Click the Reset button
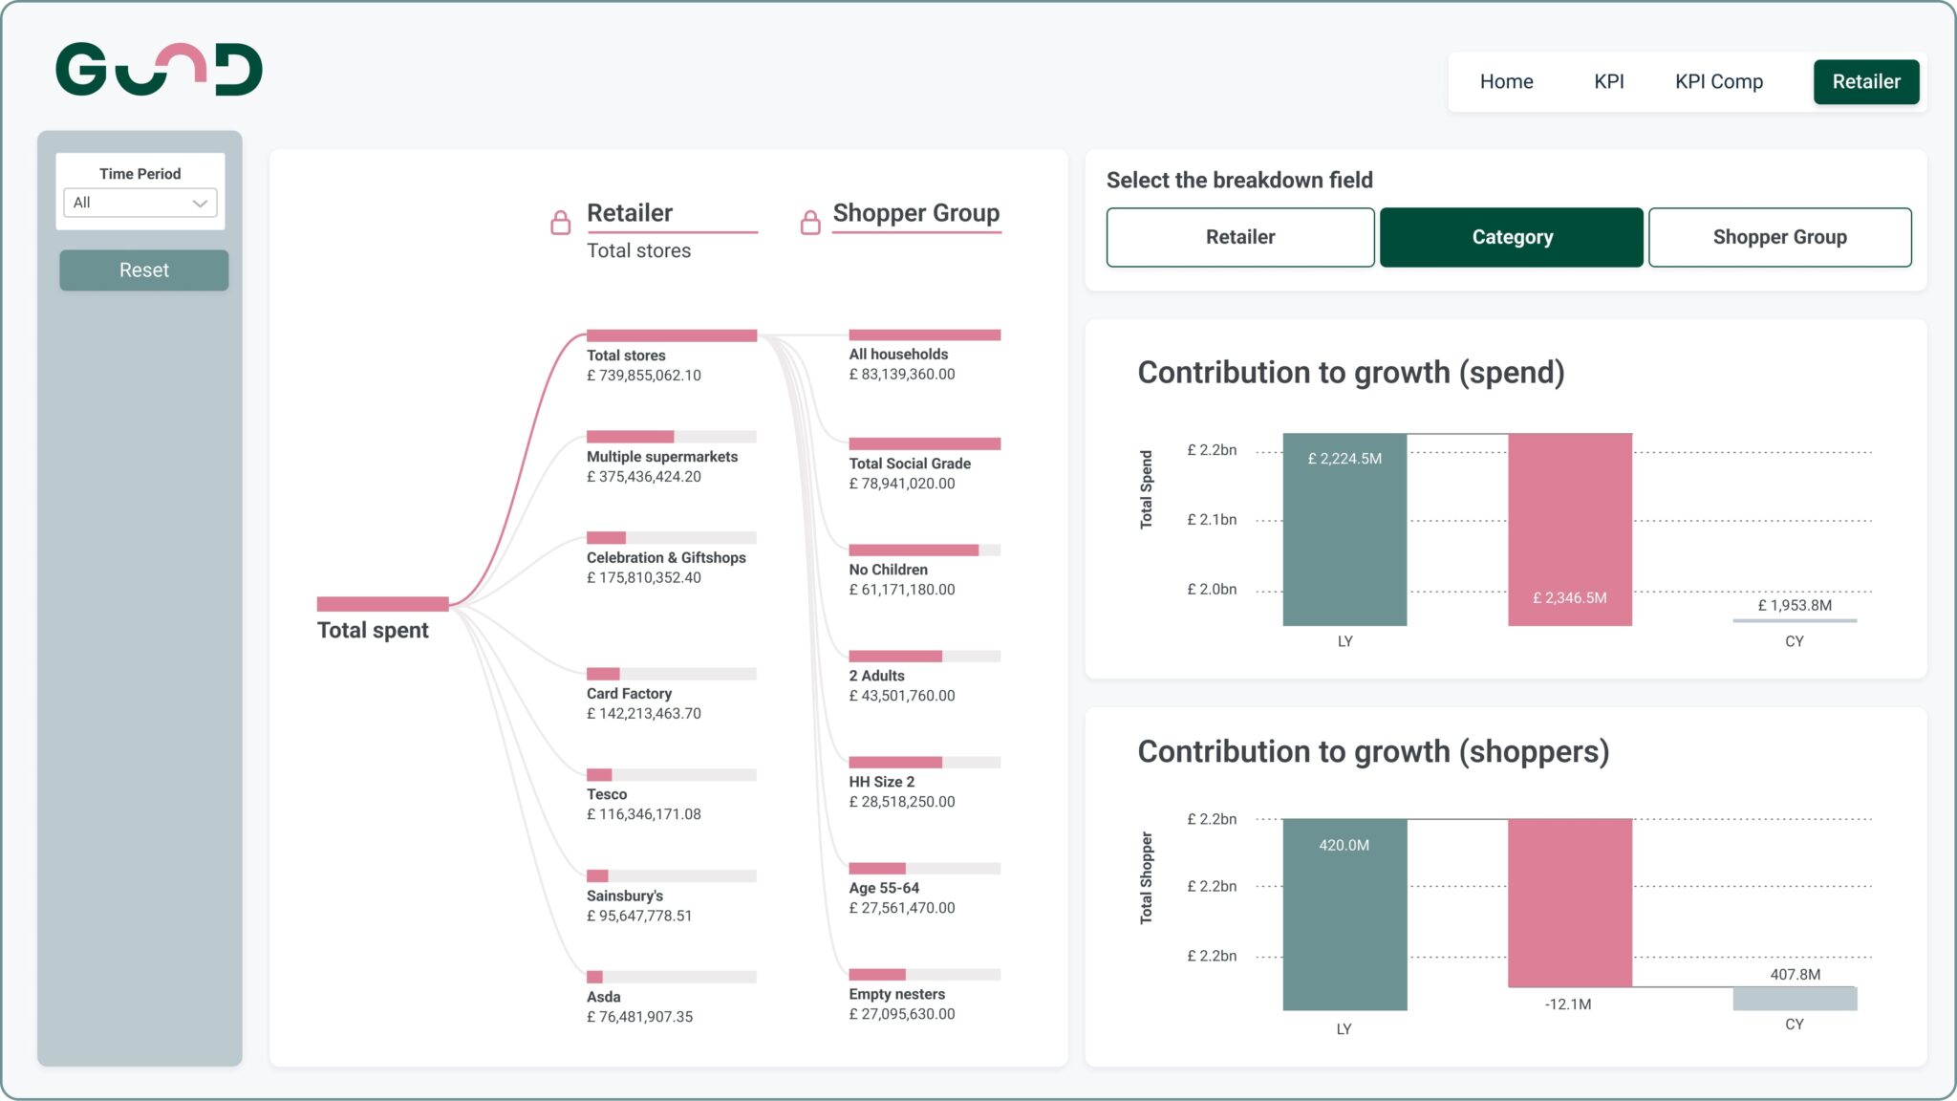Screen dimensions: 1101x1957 tap(143, 270)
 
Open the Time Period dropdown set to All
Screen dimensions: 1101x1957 tap(140, 203)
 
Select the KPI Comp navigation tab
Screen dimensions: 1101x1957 tap(1718, 81)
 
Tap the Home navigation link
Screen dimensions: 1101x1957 tap(1506, 81)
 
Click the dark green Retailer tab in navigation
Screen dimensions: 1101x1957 tap(1865, 81)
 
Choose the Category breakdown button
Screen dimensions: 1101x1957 tap(1511, 237)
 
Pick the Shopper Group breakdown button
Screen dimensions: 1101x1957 tap(1779, 237)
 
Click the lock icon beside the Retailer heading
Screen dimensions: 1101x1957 tap(561, 222)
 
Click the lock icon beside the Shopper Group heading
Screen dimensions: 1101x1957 tap(810, 222)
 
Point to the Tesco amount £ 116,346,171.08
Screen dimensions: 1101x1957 tap(643, 814)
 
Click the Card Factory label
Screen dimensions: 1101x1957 tap(629, 694)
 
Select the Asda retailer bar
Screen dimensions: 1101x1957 tap(671, 977)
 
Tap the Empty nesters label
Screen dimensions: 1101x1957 tap(896, 994)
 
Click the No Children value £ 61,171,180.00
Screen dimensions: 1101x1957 tap(901, 590)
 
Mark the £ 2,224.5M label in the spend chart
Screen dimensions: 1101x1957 tap(1344, 459)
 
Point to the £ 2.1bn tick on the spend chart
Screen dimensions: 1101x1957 tap(1211, 520)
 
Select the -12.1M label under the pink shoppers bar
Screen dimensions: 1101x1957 tap(1567, 1004)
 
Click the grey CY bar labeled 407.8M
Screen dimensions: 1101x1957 tap(1794, 999)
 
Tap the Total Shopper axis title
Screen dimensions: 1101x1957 tap(1146, 877)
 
